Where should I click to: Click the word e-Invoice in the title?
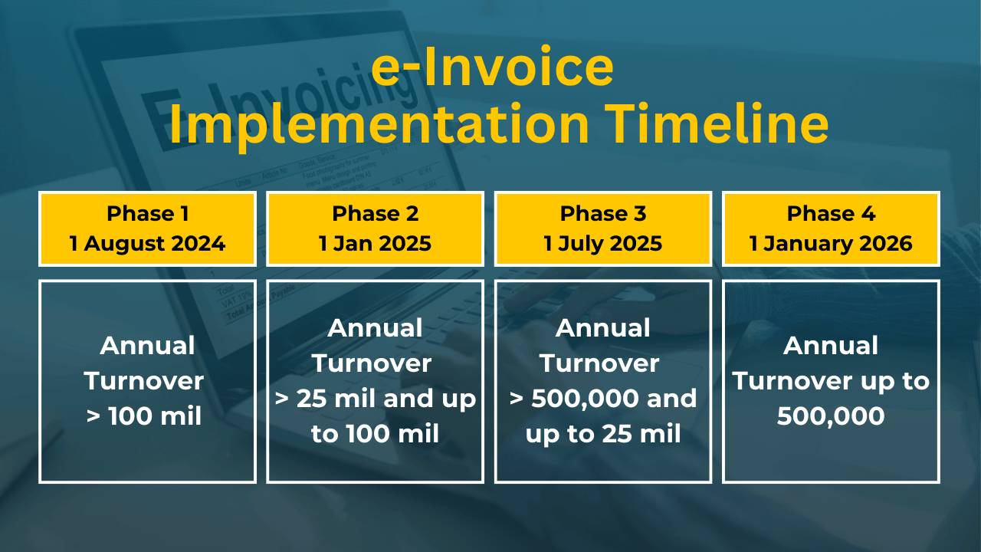click(492, 67)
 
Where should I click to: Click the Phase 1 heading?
click(148, 214)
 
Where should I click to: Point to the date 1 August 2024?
click(148, 244)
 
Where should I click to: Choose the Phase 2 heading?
click(376, 214)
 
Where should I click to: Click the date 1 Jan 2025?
click(376, 244)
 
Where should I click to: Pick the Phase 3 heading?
click(603, 214)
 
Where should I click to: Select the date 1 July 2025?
click(603, 244)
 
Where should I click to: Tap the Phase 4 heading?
click(831, 214)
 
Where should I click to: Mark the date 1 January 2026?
click(831, 244)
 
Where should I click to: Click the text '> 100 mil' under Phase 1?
click(144, 416)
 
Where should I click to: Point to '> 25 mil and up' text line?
click(376, 399)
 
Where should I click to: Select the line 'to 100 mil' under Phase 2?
click(376, 434)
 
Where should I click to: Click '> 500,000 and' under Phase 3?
click(603, 399)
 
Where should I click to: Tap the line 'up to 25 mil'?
click(603, 435)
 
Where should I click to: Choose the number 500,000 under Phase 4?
click(831, 416)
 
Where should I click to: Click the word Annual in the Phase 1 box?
click(148, 346)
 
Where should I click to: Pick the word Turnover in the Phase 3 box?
click(599, 363)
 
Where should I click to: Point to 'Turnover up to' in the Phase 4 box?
click(831, 381)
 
